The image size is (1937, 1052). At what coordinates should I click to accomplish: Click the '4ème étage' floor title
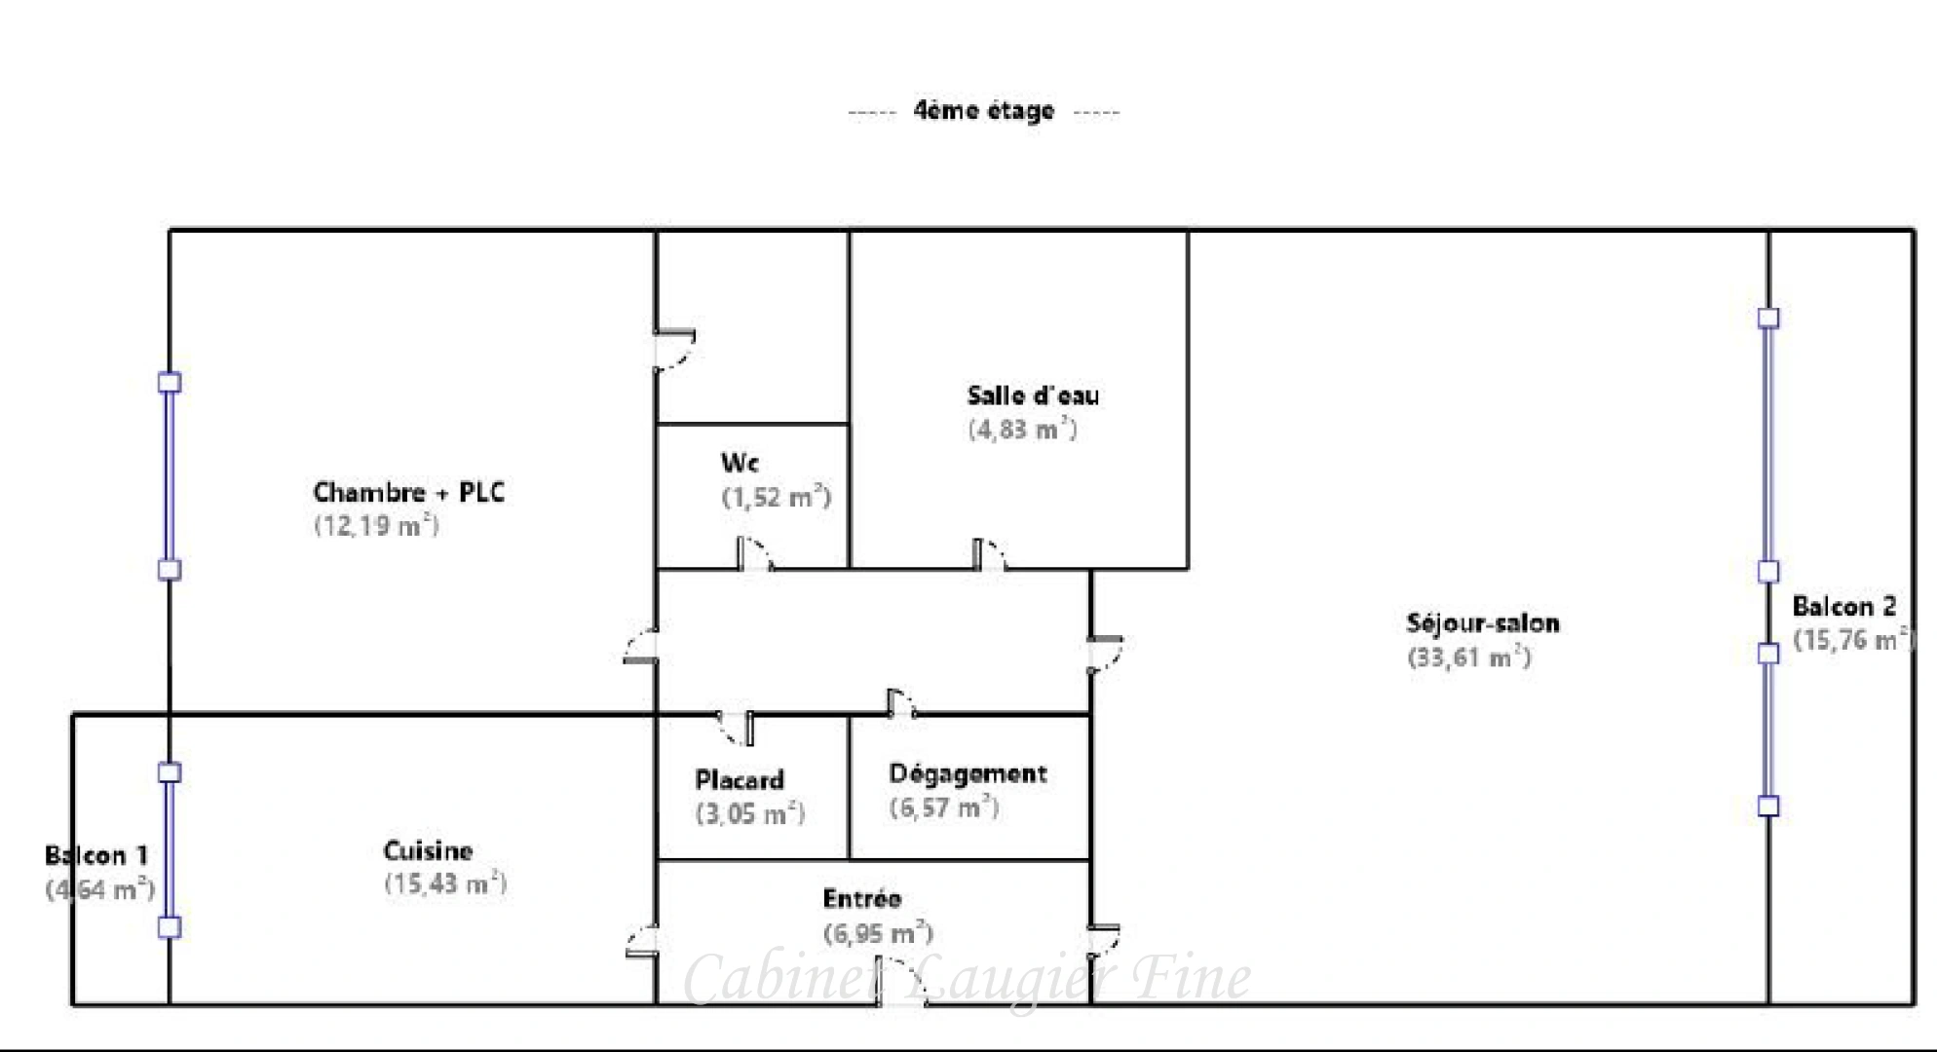(983, 111)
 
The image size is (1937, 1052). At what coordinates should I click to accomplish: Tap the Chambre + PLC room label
(408, 493)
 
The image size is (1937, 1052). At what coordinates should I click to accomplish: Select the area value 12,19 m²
(376, 526)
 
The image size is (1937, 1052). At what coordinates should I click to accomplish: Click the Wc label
(740, 463)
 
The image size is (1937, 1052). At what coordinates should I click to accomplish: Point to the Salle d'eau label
(1033, 395)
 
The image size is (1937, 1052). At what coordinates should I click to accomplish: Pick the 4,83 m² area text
(1022, 430)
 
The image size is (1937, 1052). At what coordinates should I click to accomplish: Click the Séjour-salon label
(1482, 623)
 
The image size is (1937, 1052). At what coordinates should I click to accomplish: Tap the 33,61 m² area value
(1468, 657)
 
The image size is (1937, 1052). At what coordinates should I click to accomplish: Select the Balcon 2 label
(1843, 607)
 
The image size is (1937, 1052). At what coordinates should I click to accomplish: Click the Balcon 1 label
(96, 856)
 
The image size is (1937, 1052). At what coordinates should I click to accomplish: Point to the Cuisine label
(428, 851)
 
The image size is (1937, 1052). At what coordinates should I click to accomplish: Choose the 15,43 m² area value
(445, 884)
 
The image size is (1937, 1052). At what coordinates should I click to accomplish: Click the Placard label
(740, 780)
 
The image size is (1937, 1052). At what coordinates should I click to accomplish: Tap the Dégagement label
(968, 774)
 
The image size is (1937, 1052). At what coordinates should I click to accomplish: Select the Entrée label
(861, 899)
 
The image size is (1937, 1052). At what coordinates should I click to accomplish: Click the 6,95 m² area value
(878, 934)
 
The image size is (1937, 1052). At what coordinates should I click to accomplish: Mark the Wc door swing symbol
(755, 554)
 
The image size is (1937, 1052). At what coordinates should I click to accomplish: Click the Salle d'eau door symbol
(989, 554)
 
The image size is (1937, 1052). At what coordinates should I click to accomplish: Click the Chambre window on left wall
(170, 476)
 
